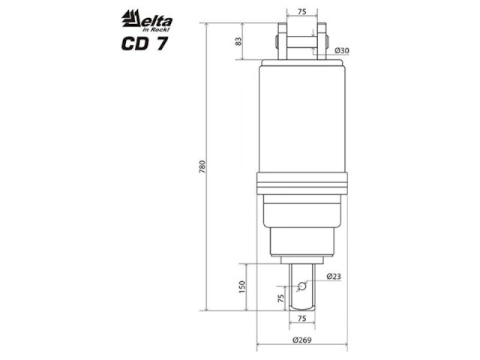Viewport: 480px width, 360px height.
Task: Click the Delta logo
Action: pos(147,20)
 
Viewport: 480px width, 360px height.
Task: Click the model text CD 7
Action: pos(145,43)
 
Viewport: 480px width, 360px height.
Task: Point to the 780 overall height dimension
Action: pos(202,166)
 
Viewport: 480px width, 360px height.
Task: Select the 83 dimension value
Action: pos(238,41)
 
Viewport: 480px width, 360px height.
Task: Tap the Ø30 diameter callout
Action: pos(342,50)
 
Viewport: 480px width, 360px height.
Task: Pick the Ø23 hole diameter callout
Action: pos(334,277)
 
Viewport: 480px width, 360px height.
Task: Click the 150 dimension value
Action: pos(241,286)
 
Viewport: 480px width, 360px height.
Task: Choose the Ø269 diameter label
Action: pos(301,340)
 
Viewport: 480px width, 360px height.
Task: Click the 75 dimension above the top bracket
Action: pos(301,12)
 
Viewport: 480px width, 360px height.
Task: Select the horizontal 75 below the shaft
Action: pos(301,318)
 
